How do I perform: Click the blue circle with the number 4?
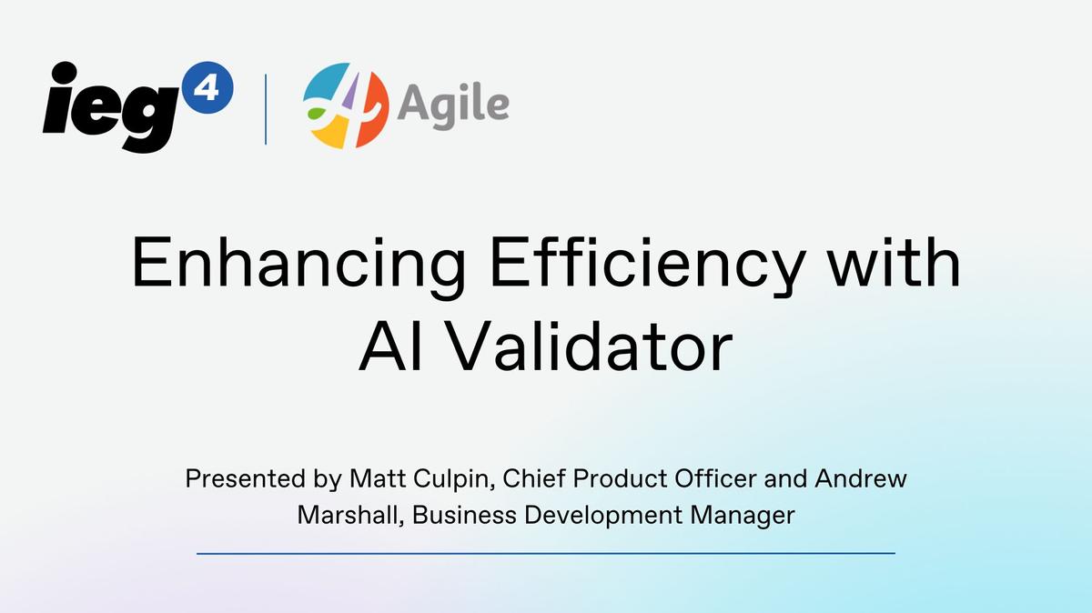(x=207, y=87)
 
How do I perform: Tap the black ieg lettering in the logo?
(x=111, y=107)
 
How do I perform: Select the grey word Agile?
(x=453, y=106)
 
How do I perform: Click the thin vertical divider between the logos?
(x=266, y=109)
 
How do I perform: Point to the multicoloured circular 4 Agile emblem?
(x=346, y=106)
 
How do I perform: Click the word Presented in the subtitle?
(x=245, y=478)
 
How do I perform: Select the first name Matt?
(x=378, y=478)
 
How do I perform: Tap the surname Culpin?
(x=454, y=480)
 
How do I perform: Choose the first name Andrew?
(x=861, y=478)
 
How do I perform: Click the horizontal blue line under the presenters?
(x=546, y=554)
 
